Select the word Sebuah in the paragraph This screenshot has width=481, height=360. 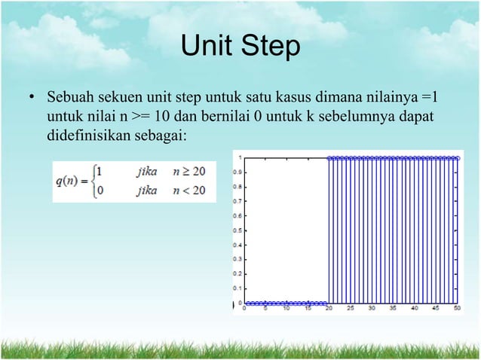click(x=69, y=99)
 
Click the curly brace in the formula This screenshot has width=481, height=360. click(x=91, y=181)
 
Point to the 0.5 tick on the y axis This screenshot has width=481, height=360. click(x=237, y=230)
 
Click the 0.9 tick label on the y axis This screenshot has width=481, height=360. click(x=237, y=172)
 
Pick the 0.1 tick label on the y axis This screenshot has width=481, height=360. click(x=237, y=288)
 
